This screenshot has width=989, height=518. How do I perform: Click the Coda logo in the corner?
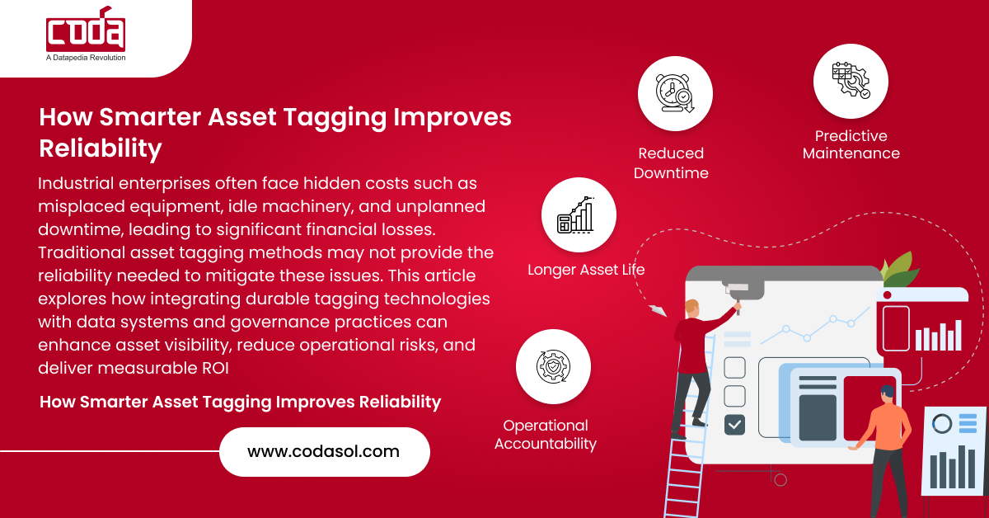coord(86,29)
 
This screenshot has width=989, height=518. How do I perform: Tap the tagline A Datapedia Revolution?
coord(86,58)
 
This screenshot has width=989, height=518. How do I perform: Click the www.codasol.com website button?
coord(325,452)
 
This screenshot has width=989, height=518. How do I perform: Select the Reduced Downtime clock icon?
coord(675,93)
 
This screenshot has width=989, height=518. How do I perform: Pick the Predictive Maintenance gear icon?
coord(851,81)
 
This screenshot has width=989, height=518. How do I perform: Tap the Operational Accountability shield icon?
coord(553,366)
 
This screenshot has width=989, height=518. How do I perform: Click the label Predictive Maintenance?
coord(851,144)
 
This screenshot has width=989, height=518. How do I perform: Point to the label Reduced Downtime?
coord(671,163)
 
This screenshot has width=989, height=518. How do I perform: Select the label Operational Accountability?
coord(546,435)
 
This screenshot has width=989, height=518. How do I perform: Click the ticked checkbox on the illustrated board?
coord(734,424)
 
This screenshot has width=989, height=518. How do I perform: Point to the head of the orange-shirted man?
coord(888,394)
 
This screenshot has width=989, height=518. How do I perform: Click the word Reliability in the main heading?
coord(101,148)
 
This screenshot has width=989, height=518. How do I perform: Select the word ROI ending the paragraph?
coord(215,368)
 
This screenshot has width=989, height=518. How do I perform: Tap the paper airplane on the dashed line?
coord(658,310)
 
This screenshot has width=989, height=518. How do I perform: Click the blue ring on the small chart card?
coord(942,424)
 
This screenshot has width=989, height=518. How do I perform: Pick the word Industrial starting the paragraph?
coord(76,183)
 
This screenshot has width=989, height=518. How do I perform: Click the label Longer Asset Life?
coord(586,270)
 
